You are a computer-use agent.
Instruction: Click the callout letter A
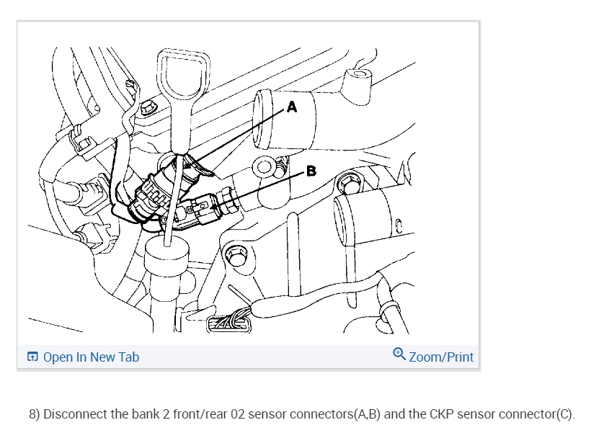tap(292, 107)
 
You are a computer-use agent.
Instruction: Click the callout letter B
tap(311, 171)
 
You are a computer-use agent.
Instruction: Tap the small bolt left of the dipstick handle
tap(148, 107)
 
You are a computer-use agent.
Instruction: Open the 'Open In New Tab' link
tap(91, 357)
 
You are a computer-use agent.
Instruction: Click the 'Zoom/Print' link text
tap(441, 357)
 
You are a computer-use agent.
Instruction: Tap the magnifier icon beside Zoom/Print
tap(399, 355)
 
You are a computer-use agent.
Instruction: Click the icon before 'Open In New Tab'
tap(32, 357)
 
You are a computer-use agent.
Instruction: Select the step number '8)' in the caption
tap(35, 416)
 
